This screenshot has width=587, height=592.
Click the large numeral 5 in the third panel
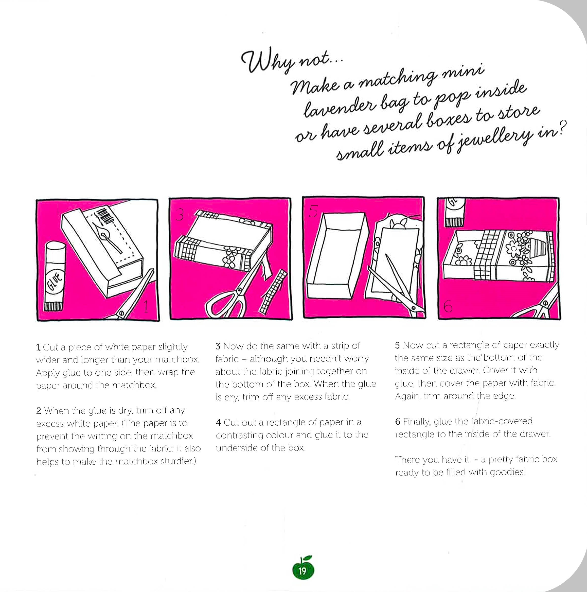click(x=313, y=211)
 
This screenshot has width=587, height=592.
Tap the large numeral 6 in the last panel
click(x=448, y=306)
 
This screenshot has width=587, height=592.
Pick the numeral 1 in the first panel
click(x=146, y=307)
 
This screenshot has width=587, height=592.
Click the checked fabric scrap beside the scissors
click(x=273, y=292)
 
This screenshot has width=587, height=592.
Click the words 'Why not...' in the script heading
click(x=290, y=61)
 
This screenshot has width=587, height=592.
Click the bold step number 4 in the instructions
click(x=218, y=423)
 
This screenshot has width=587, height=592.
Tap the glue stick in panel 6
click(x=455, y=212)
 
